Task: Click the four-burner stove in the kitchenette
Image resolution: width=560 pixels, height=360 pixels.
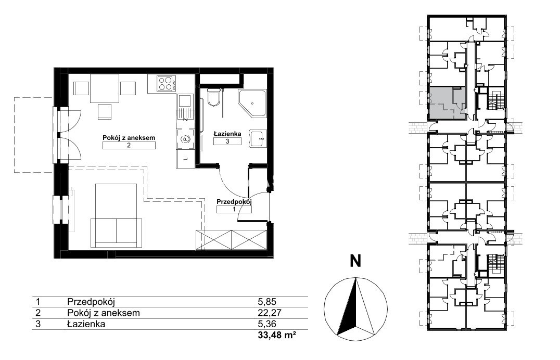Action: click(x=167, y=84)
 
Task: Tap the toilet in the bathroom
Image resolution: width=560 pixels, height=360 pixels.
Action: click(x=214, y=97)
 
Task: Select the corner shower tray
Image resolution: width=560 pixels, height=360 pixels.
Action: click(x=252, y=104)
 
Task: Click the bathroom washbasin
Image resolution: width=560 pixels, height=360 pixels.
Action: click(x=258, y=138)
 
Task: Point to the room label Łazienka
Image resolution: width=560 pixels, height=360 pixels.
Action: click(x=227, y=134)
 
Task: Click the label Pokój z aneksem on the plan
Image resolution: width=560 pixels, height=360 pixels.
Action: click(x=129, y=137)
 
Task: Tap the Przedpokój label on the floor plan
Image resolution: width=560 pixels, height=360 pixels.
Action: click(x=234, y=202)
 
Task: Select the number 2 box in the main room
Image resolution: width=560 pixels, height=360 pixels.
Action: click(x=129, y=145)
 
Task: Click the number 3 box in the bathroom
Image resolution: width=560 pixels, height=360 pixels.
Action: click(x=227, y=141)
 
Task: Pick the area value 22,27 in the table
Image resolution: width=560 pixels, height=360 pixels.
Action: click(x=270, y=313)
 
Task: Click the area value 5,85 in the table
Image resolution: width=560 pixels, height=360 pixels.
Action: click(x=267, y=301)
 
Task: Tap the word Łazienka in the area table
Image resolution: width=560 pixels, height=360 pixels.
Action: click(x=86, y=324)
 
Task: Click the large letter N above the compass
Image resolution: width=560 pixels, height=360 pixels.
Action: click(x=355, y=261)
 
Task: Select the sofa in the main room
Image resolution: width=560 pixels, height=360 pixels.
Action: click(x=116, y=233)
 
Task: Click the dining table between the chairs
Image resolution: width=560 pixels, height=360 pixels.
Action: click(x=104, y=88)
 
